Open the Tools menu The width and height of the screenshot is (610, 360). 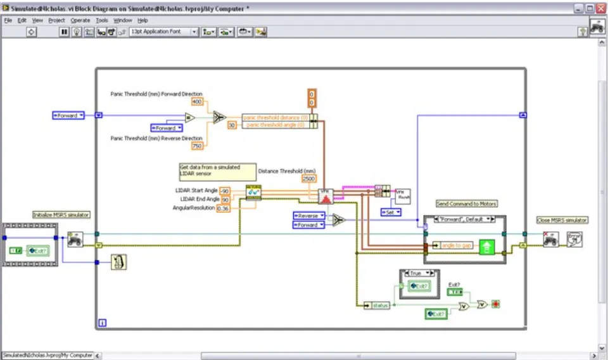tap(101, 20)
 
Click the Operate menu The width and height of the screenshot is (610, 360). tap(80, 20)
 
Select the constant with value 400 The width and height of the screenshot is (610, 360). tap(197, 101)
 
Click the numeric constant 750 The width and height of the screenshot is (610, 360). tap(197, 146)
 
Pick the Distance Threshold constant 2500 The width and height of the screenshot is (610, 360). tap(309, 179)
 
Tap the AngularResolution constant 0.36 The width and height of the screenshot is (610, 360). tap(224, 209)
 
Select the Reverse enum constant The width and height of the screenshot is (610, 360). tap(308, 215)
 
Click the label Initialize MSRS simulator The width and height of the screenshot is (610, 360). tap(61, 215)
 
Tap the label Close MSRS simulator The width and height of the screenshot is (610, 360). tap(562, 220)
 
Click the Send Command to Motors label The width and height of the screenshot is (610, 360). tap(466, 203)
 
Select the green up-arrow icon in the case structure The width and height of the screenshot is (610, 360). tap(486, 246)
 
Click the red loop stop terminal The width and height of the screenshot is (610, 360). tap(495, 304)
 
